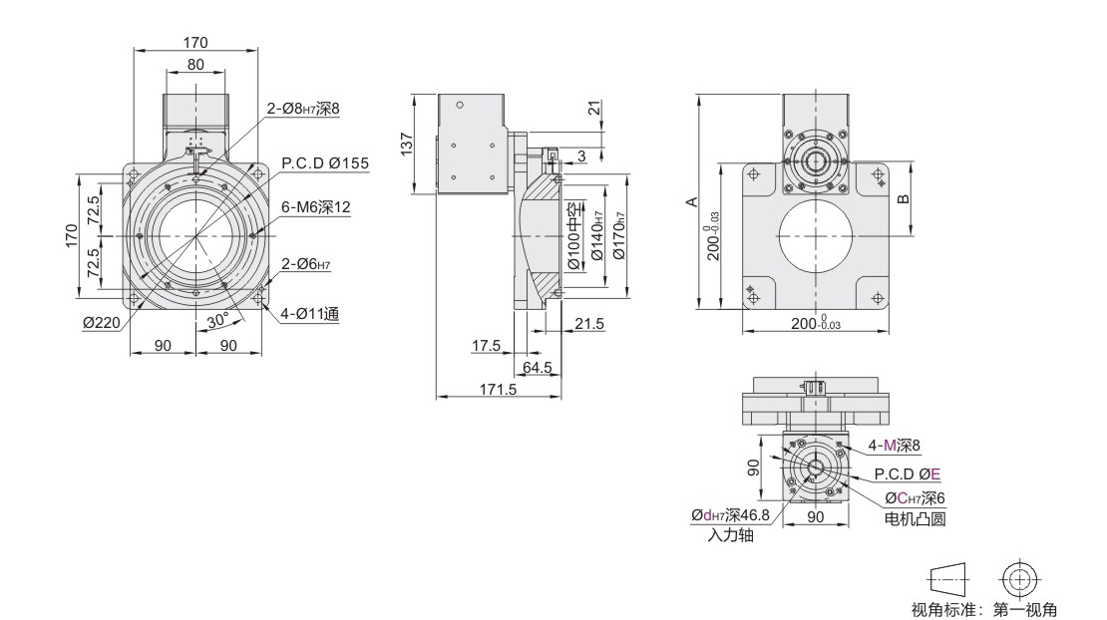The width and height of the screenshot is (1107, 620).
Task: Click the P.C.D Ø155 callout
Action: click(x=325, y=162)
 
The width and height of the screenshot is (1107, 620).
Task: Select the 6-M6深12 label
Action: click(x=315, y=207)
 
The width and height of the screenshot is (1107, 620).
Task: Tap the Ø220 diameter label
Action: click(x=102, y=323)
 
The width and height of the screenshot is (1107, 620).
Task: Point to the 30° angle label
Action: click(x=217, y=320)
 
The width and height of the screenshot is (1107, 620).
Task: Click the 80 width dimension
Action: click(x=195, y=64)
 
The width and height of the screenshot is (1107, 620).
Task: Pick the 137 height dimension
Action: click(x=407, y=144)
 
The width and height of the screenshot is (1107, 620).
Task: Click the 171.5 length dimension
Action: click(x=498, y=389)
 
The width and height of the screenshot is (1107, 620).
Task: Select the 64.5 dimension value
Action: click(x=538, y=368)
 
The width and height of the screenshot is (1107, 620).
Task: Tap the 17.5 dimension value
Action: click(x=486, y=346)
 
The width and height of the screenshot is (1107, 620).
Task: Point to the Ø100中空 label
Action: click(x=574, y=236)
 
